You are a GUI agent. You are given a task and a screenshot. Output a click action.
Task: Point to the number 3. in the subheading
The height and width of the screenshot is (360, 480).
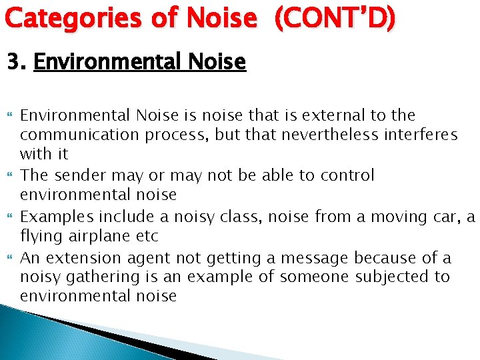(x=16, y=63)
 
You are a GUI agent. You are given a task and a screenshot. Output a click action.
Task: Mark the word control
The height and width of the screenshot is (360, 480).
(x=347, y=175)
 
